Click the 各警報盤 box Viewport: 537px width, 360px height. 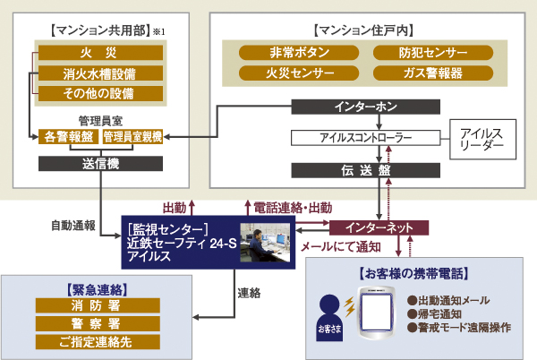pyautogui.click(x=68, y=136)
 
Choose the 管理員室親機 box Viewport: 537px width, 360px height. pyautogui.click(x=132, y=136)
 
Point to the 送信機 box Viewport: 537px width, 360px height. pyautogui.click(x=99, y=165)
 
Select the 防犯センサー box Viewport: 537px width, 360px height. pyautogui.click(x=433, y=53)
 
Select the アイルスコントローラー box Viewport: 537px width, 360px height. pyautogui.click(x=366, y=139)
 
